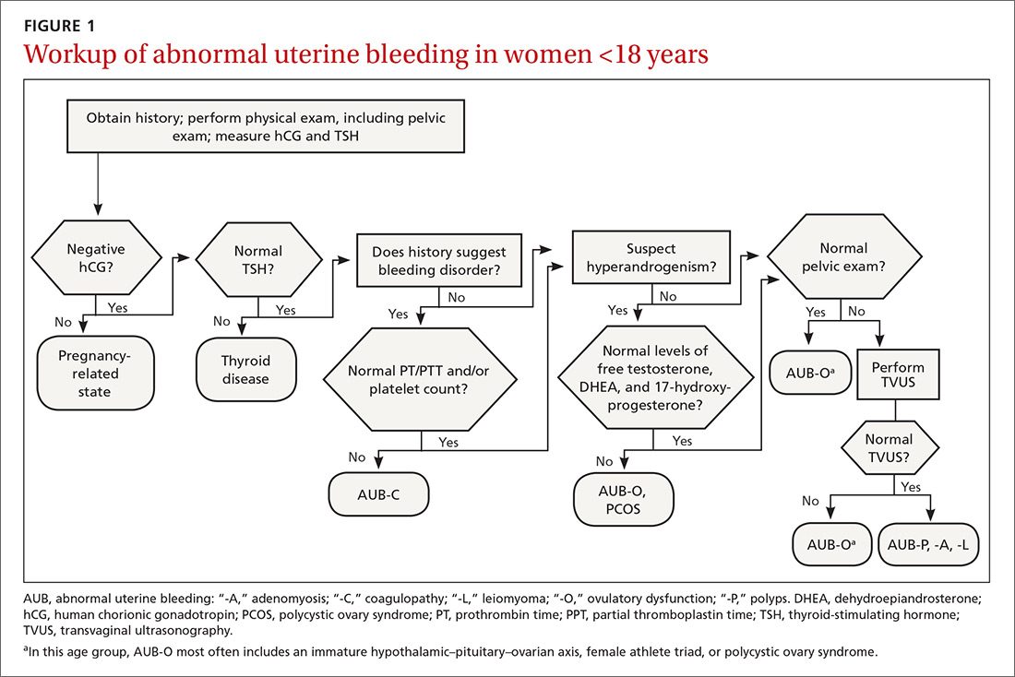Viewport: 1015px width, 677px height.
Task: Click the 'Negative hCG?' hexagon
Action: pos(96,259)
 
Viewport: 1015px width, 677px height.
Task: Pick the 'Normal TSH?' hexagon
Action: pos(259,259)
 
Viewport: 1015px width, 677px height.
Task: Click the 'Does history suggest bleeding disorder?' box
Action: pos(439,259)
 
